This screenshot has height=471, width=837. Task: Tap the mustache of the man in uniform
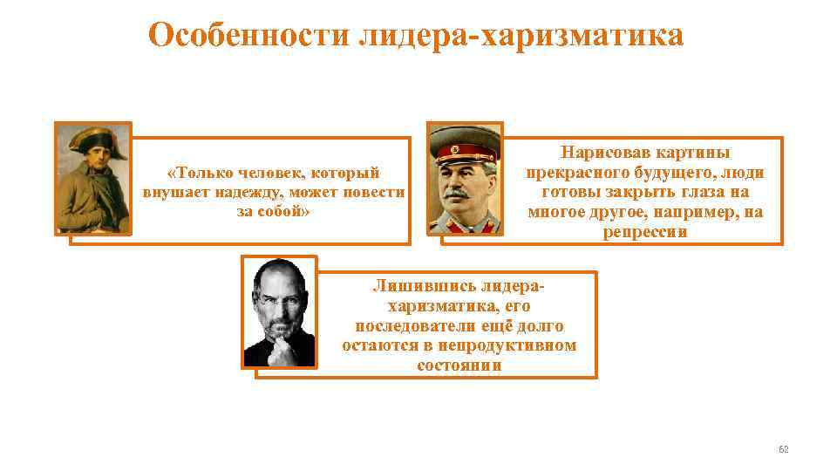tap(464, 190)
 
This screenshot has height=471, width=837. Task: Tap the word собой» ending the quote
tap(287, 212)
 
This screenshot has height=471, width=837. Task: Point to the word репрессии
tap(645, 232)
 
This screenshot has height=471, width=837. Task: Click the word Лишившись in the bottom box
tap(414, 286)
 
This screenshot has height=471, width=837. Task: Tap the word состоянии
tap(459, 365)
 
